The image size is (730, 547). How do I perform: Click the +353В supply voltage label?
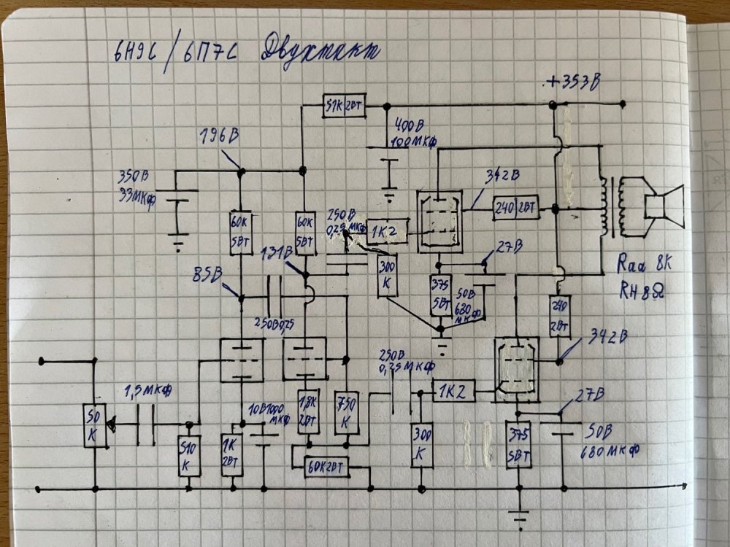(574, 82)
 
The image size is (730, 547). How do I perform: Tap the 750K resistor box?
(346, 413)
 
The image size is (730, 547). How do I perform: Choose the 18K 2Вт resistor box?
(307, 411)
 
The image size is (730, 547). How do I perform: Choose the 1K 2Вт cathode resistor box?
(232, 454)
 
